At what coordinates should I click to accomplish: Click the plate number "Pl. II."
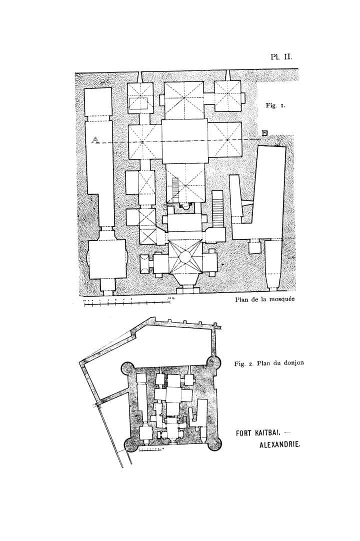(x=281, y=56)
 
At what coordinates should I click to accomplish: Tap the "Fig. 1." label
(x=275, y=106)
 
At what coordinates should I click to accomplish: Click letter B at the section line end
(x=265, y=132)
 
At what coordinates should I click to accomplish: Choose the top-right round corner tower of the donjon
(x=214, y=362)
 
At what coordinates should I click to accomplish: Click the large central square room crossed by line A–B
(x=184, y=141)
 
